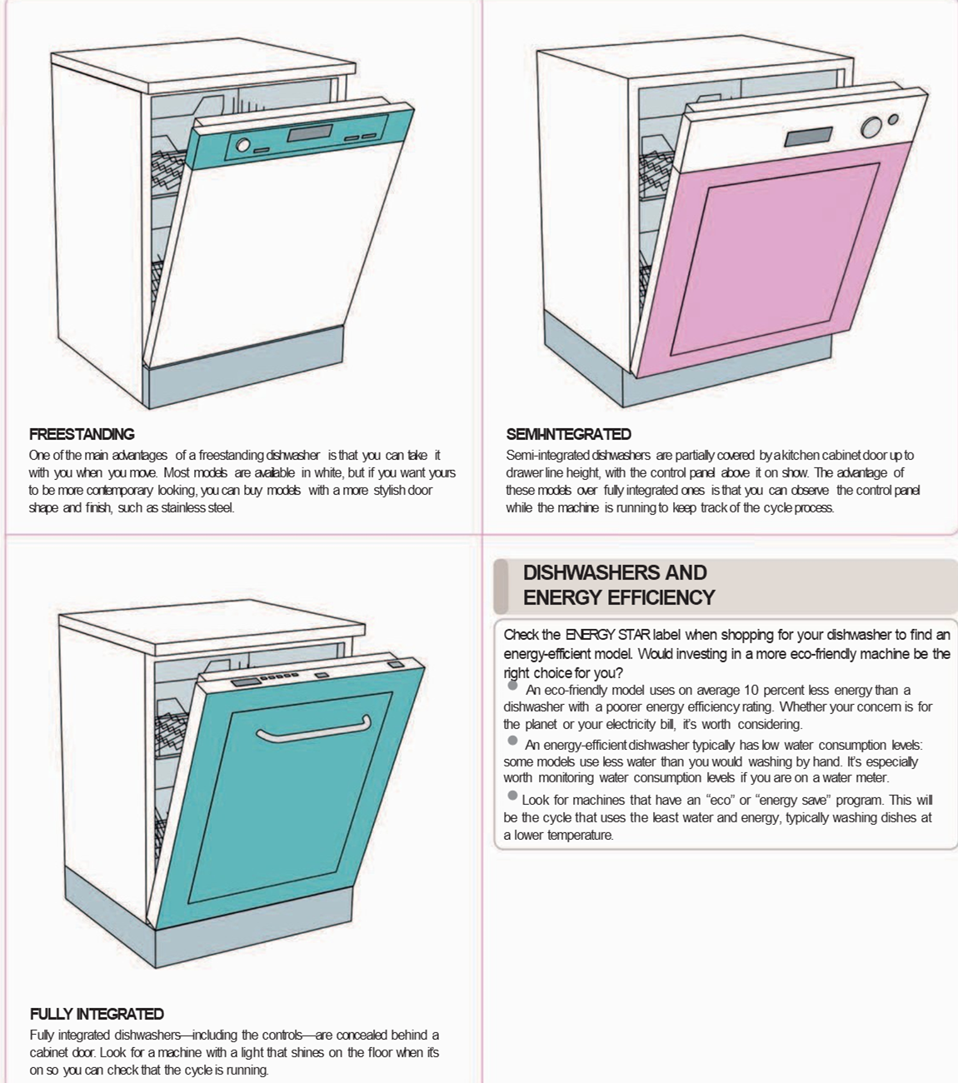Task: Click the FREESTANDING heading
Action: tap(82, 434)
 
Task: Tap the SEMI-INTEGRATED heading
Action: tap(568, 434)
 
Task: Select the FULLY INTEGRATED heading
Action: tap(97, 1014)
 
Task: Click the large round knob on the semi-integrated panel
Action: tap(871, 127)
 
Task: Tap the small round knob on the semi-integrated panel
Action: tap(893, 119)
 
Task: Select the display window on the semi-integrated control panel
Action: tap(808, 137)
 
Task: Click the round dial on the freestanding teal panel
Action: tap(243, 145)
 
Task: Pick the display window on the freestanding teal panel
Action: tap(309, 133)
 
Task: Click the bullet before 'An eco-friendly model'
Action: tap(512, 686)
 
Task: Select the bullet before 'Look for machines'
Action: tap(512, 796)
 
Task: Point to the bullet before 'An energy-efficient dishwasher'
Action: tap(512, 741)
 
